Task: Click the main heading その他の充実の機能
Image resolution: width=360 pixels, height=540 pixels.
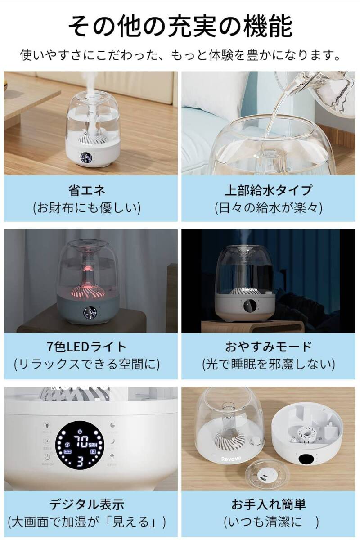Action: coord(180,27)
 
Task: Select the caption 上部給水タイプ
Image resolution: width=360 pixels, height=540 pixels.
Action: coord(268,190)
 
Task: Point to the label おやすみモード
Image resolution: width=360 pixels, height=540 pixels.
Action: coord(268,347)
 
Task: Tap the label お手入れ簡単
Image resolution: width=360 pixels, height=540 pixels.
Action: coord(268,504)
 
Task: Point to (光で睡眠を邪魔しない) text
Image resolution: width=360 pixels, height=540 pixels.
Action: coord(268,364)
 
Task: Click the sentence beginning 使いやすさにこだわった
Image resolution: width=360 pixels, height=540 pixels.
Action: coord(180,56)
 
